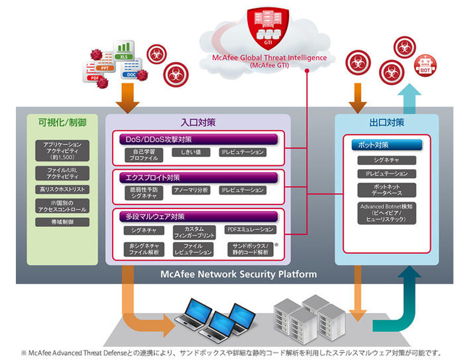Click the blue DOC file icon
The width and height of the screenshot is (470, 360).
pos(130,71)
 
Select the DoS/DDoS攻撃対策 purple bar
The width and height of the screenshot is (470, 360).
pos(197,139)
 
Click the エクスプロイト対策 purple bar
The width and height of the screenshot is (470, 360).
pos(197,177)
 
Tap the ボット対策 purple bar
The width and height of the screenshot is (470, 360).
pos(386,144)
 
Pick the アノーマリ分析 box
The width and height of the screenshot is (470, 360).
pos(189,190)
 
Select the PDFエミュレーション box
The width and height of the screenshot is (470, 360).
pos(249,230)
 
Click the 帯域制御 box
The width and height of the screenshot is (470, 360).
pos(62,223)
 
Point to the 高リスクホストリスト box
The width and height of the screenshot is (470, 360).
pos(62,190)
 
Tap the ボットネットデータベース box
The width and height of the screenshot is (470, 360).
pos(386,190)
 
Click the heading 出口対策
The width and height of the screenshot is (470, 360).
pos(387,123)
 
